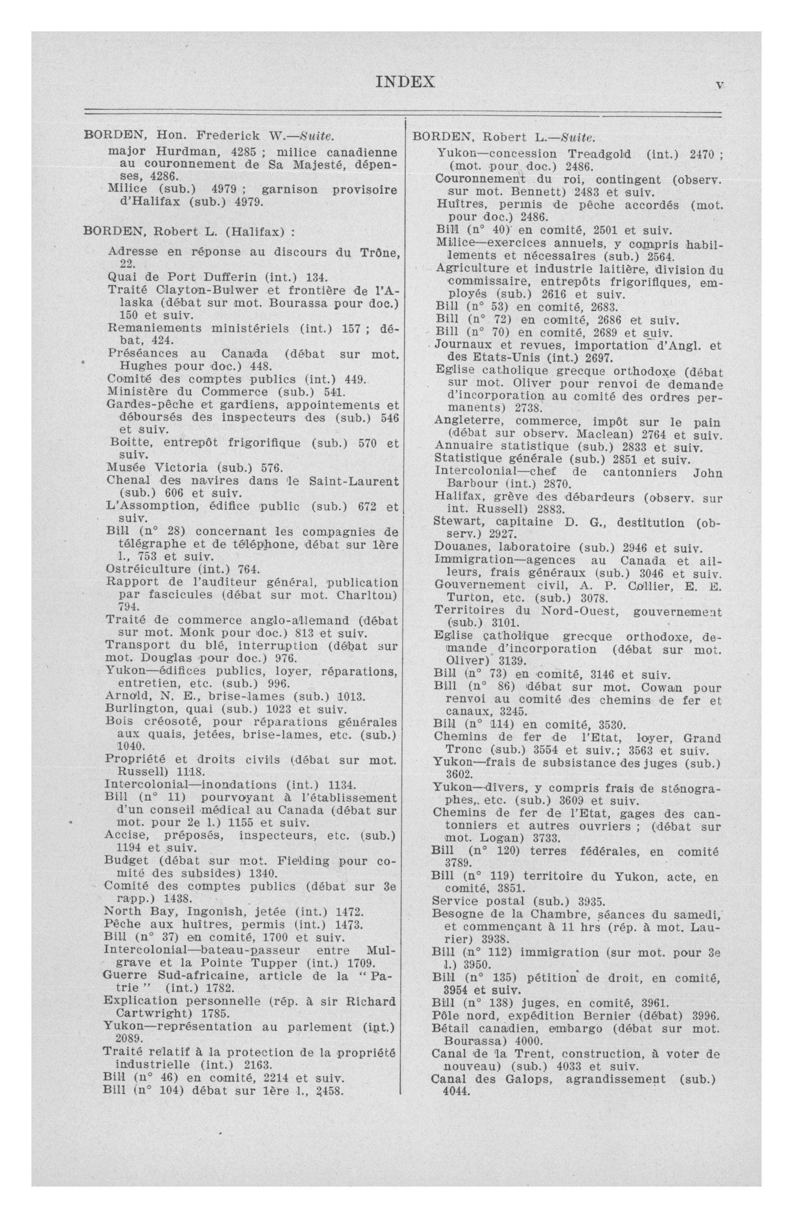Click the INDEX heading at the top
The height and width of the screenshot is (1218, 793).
tap(405, 82)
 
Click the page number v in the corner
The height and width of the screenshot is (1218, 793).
tap(719, 85)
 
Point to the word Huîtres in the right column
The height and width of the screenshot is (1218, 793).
tap(457, 205)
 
